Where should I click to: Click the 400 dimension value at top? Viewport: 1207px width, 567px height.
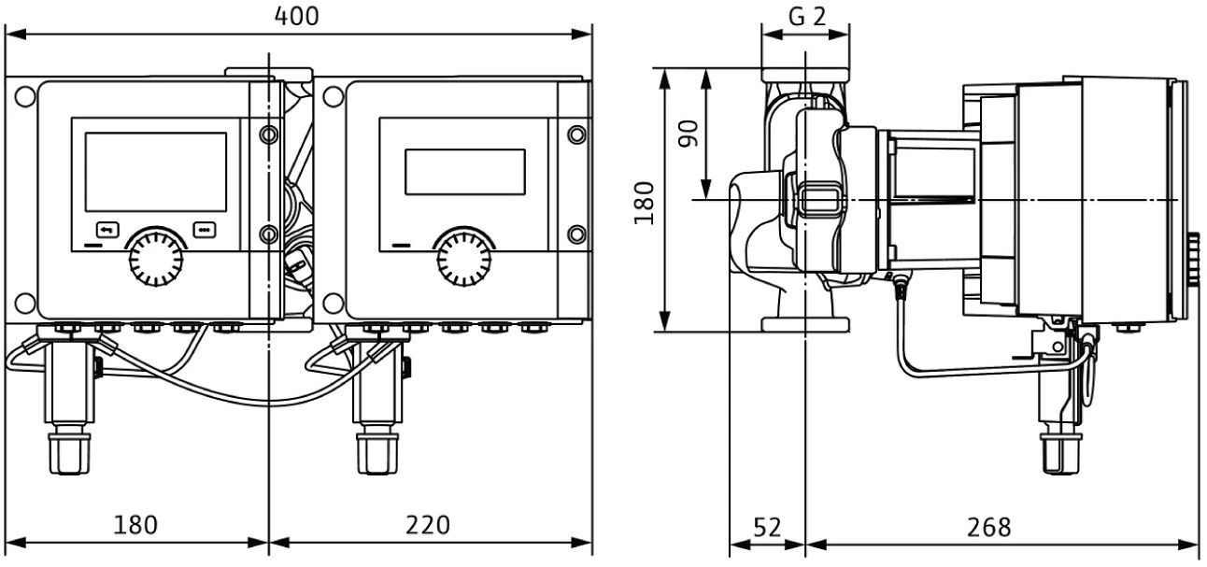point(298,15)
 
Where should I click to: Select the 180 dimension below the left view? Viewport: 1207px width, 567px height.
point(135,524)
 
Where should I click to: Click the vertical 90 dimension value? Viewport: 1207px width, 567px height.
point(689,133)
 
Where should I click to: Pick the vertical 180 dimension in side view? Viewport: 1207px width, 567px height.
point(645,201)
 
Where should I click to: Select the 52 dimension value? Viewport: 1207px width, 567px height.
point(766,527)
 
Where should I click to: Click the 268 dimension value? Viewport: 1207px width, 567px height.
point(989,527)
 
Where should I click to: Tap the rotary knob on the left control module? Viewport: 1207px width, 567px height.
point(155,259)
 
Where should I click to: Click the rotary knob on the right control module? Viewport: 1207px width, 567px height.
point(464,259)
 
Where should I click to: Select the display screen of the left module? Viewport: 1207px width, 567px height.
point(156,171)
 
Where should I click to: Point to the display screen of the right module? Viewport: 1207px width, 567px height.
point(464,172)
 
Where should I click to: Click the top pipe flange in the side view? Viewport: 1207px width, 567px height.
point(804,74)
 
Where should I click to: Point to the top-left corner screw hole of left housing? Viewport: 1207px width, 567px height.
point(24,95)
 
